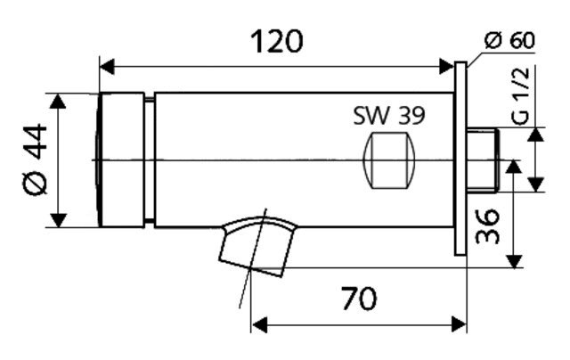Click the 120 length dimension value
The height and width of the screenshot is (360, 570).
tap(277, 42)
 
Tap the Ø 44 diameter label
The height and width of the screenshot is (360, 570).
tap(35, 160)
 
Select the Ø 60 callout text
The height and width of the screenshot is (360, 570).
tap(509, 40)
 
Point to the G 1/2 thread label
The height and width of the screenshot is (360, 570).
tap(521, 96)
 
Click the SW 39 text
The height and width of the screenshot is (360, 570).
tap(389, 116)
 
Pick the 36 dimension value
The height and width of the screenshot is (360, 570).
tap(487, 225)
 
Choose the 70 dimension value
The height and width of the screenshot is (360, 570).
tap(359, 299)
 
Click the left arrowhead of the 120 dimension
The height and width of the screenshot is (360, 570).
tap(107, 67)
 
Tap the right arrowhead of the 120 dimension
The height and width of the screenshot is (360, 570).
tap(446, 67)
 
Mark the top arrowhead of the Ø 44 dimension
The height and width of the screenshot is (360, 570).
tap(58, 101)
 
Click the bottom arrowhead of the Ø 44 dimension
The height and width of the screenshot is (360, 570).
tap(58, 220)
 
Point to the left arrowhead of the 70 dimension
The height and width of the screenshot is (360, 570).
tap(259, 324)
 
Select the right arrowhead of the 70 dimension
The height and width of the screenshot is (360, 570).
tap(459, 324)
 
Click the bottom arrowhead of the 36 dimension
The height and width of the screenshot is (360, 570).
tap(515, 261)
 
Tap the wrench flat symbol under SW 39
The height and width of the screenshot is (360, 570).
tap(389, 160)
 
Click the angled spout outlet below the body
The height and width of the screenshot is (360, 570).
tap(257, 246)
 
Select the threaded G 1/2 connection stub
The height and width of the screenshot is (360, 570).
tap(483, 160)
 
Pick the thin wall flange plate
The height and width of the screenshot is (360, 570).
tap(460, 159)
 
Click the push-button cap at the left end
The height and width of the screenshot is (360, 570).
tap(121, 160)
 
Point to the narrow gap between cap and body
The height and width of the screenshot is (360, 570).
tap(150, 160)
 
